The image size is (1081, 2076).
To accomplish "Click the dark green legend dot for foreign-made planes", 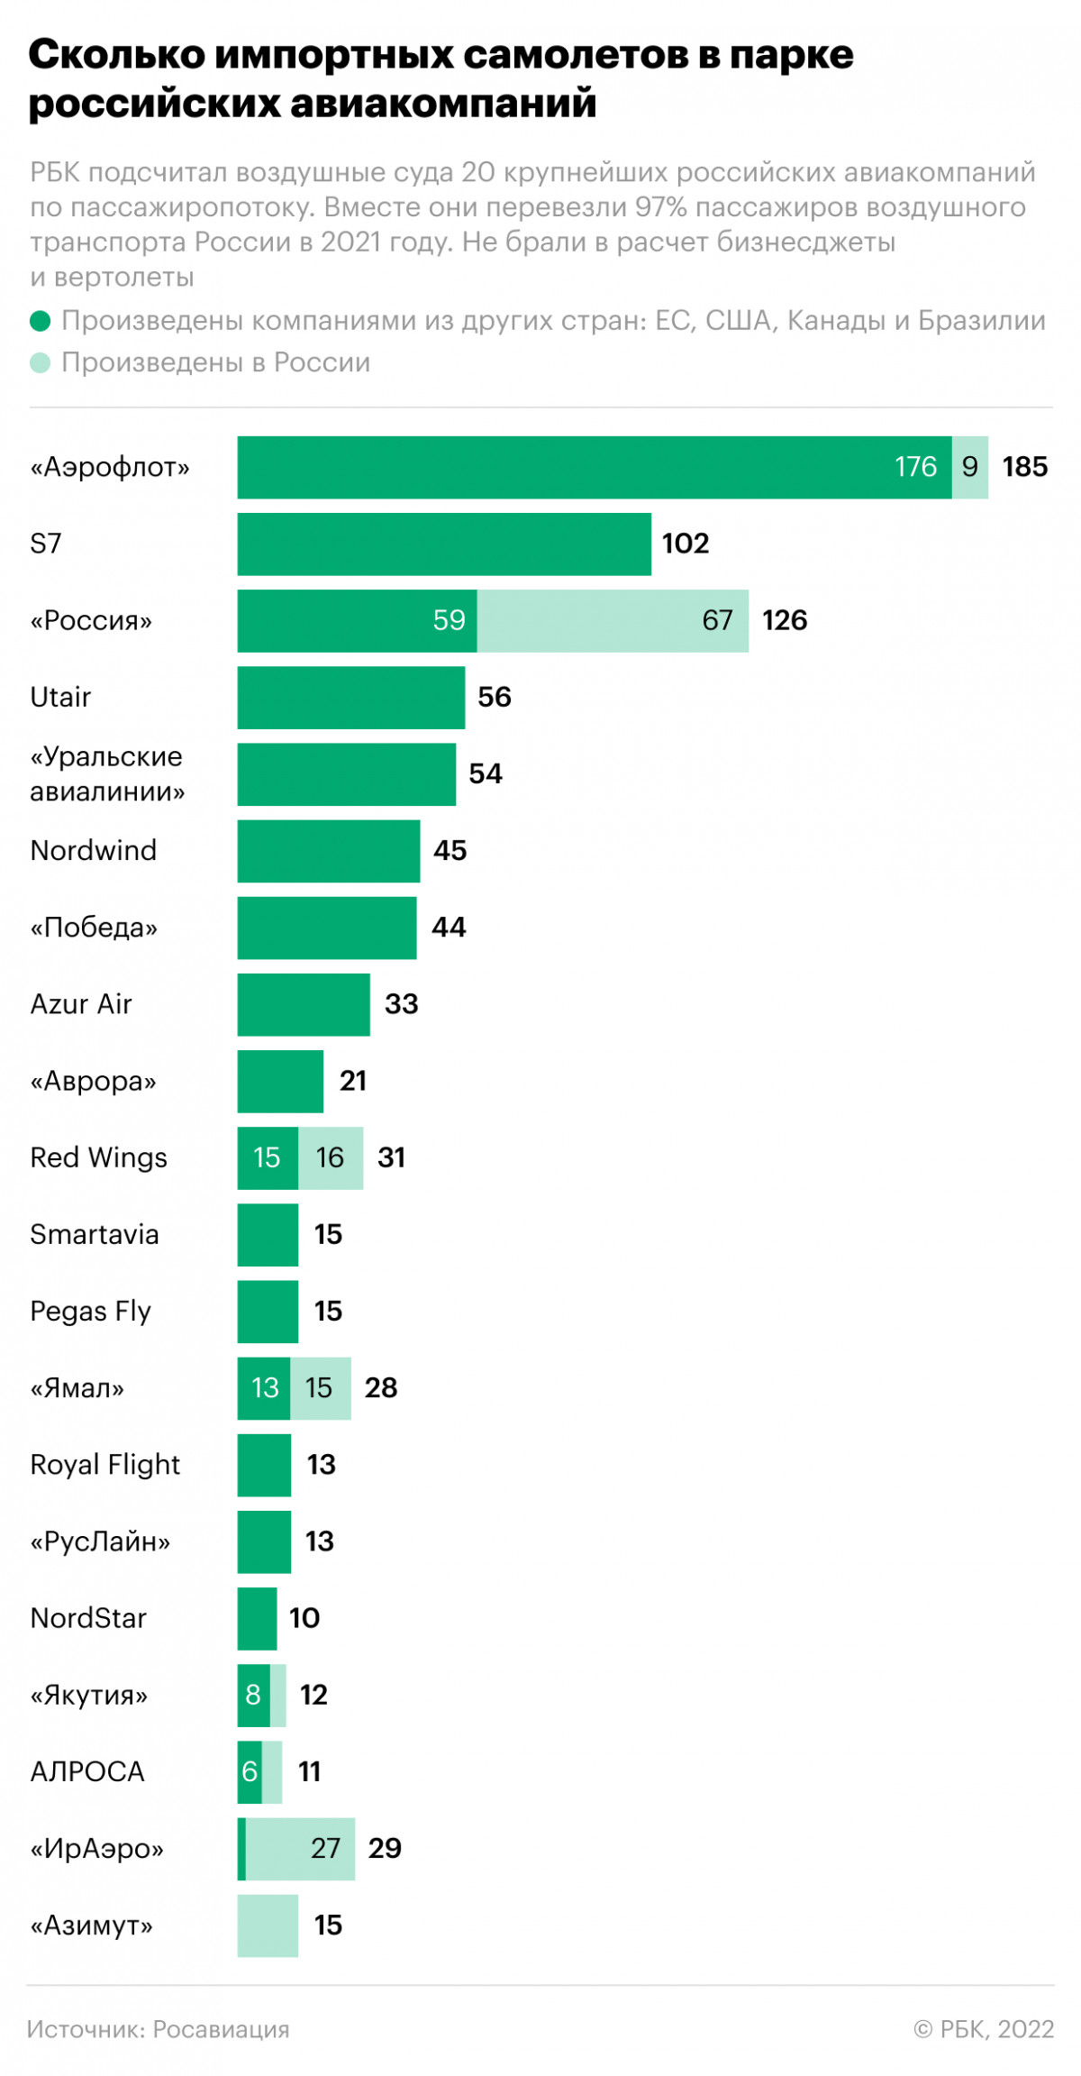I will coord(40,321).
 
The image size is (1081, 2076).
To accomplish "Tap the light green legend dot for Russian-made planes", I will coord(40,362).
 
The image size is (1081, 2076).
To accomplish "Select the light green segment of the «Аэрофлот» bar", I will coord(970,467).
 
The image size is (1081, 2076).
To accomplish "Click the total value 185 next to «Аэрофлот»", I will coord(1025,467).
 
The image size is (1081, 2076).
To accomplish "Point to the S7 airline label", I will coord(46,544).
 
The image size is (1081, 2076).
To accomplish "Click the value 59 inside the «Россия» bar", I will coord(449,620).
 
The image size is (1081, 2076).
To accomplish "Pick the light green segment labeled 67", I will coord(613,620).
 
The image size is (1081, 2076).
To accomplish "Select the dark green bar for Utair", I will coord(351,697).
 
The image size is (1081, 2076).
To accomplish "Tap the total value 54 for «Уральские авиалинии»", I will coord(486,773).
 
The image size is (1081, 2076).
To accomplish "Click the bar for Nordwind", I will coord(329,850).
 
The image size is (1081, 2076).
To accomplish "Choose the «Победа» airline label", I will coord(94,928).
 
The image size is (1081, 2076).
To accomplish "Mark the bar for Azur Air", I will coord(304,1004).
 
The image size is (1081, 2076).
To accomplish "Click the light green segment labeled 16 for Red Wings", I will coord(331,1157).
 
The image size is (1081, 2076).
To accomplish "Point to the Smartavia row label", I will coord(95,1234).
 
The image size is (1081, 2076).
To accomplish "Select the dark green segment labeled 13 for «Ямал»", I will coord(264,1387).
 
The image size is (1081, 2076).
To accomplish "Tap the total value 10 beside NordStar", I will coord(304,1618).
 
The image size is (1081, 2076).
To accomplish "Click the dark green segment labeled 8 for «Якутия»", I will coord(253,1695).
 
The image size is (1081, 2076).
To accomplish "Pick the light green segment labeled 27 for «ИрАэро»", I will coord(302,1848).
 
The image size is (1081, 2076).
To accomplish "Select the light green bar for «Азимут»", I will coord(268,1925).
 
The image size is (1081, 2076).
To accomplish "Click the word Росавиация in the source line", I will coord(221,2029).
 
